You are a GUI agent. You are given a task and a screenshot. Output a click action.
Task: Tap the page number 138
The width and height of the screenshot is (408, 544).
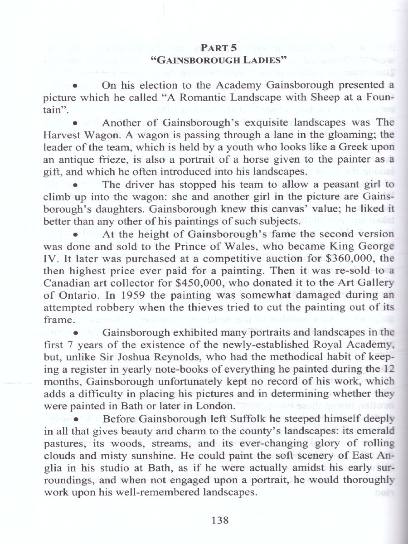tap(220, 520)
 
